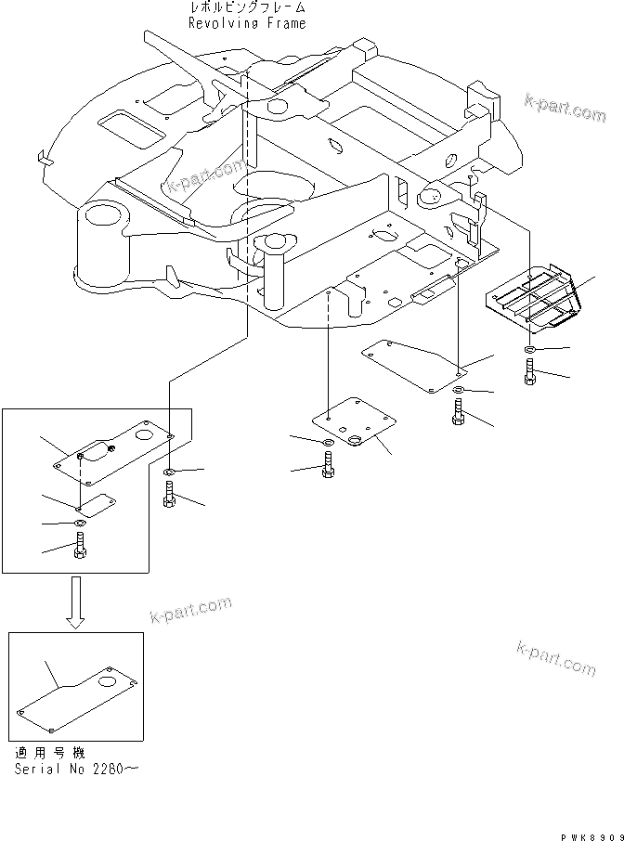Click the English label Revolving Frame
pos(246,23)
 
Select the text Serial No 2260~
pos(73,770)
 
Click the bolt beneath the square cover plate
pos(330,470)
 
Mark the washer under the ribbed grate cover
pos(528,349)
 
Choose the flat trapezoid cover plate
pos(418,364)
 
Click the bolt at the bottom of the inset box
pos(79,550)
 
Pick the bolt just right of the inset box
pos(170,498)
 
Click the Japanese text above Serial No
pos(54,754)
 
